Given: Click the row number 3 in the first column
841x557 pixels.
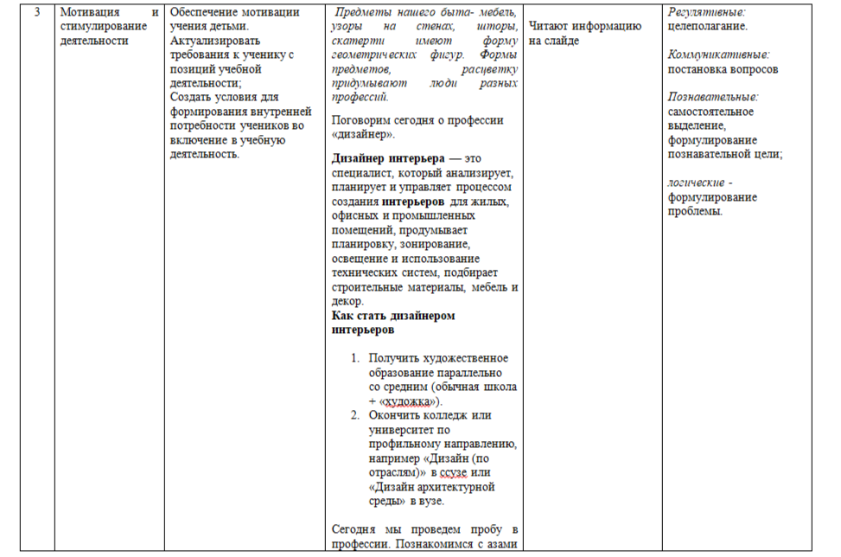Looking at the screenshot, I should point(36,13).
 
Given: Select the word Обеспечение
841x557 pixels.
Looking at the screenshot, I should point(204,13).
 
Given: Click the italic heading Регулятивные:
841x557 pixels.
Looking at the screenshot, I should point(706,13).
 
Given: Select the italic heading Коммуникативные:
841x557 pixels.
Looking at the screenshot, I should point(718,54).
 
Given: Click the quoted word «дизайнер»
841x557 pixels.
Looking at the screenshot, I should point(363,134).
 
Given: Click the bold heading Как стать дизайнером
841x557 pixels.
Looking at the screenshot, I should point(393,316).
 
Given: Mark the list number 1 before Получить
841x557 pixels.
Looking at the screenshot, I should point(354,358).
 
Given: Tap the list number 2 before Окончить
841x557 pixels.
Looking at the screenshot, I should point(354,414).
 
